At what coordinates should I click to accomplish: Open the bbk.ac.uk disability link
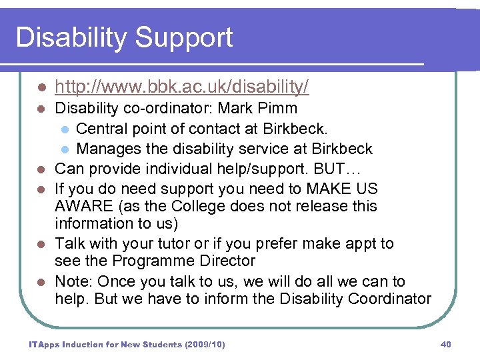[x=181, y=87]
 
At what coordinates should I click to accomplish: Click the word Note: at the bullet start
[x=75, y=281]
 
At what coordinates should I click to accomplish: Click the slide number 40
[x=446, y=344]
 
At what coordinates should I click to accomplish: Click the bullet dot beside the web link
[x=41, y=88]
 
